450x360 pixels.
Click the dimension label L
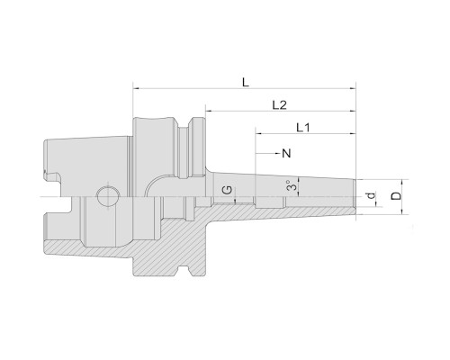click(x=246, y=82)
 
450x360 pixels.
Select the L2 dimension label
click(x=279, y=105)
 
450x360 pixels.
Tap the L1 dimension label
click(x=303, y=128)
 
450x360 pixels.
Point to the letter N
click(x=287, y=154)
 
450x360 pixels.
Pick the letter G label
click(x=228, y=190)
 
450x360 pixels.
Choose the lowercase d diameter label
click(x=372, y=195)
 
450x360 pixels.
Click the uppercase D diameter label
click(x=396, y=196)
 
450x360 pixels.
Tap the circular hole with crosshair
click(x=107, y=196)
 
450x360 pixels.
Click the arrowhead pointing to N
click(x=278, y=154)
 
